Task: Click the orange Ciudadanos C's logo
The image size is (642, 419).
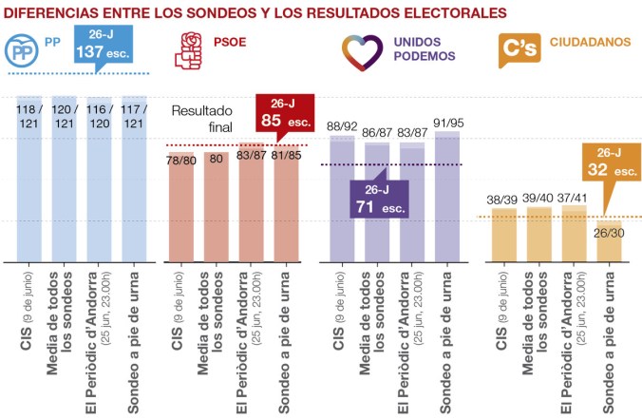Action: pos(517,50)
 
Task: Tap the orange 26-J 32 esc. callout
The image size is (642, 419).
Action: pos(610,163)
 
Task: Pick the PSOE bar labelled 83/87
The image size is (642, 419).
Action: pos(252,204)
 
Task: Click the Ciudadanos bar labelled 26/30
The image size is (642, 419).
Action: pos(608,242)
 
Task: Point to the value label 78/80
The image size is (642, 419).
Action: pos(182,160)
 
